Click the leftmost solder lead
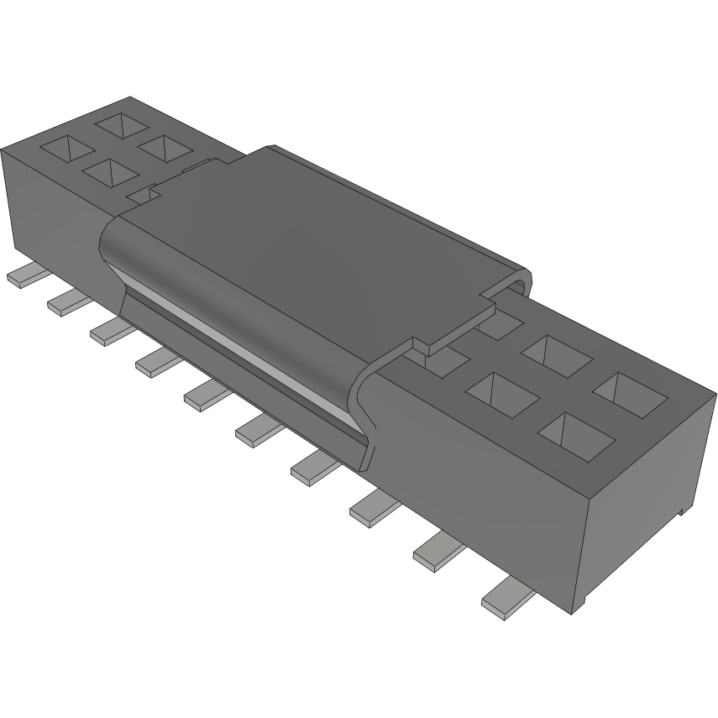tap(24, 278)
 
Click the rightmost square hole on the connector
tap(629, 389)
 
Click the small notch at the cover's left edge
tap(144, 194)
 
